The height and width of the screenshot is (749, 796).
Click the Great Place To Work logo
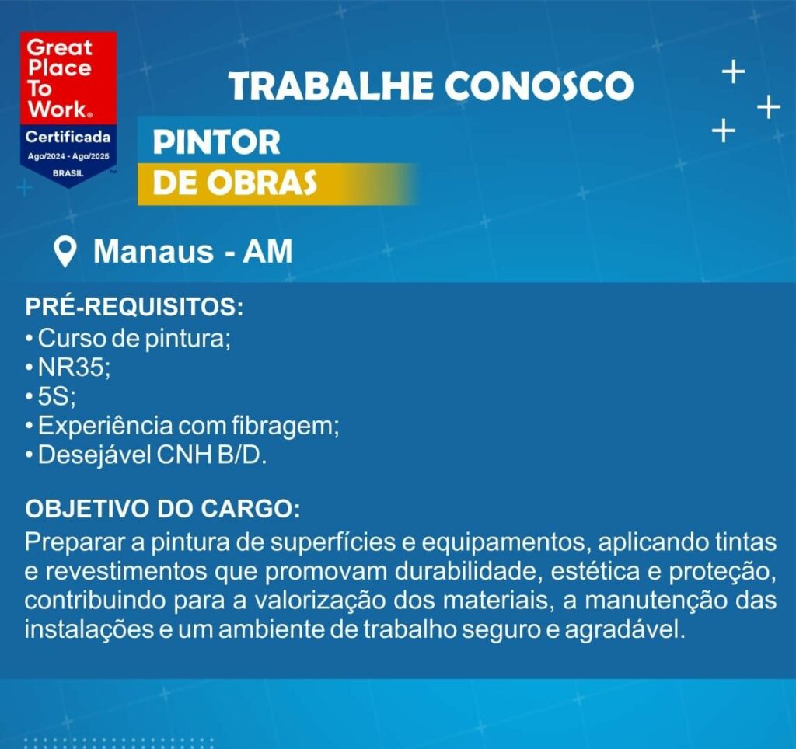68,109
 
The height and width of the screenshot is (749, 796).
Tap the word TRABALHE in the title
331,85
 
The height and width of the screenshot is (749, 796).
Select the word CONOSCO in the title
539,85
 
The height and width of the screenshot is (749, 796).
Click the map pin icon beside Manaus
65,253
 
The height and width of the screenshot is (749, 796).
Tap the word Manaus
153,251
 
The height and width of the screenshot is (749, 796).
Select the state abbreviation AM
267,251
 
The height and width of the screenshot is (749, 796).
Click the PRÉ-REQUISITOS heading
134,306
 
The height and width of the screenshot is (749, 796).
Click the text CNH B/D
211,455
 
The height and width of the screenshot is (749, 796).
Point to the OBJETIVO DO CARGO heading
162,509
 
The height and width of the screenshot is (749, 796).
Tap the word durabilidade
466,571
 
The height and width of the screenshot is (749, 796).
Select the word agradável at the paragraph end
624,630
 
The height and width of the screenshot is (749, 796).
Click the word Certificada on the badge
68,137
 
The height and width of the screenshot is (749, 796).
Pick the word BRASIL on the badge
68,173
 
